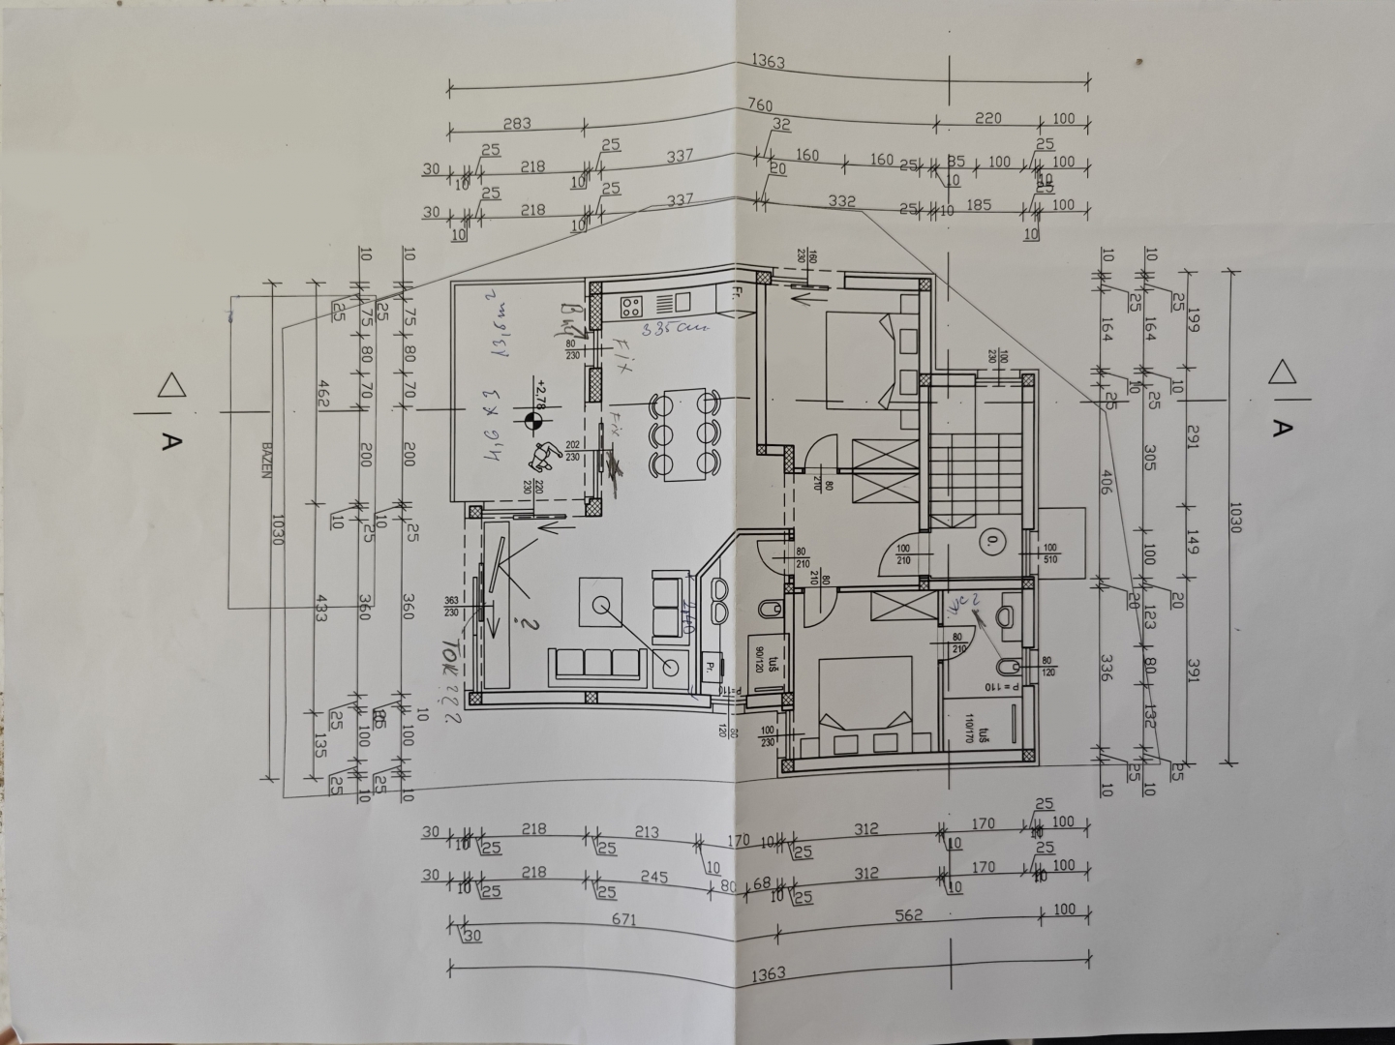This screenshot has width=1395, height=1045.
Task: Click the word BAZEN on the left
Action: (x=264, y=463)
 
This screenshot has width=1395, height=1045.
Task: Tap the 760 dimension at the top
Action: (x=761, y=104)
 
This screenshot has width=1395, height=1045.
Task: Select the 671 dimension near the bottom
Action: (x=623, y=920)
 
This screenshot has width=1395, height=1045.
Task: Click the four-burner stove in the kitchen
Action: (x=631, y=308)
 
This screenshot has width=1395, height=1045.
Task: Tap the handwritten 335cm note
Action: (x=683, y=328)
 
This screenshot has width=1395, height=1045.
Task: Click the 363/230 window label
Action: (x=451, y=607)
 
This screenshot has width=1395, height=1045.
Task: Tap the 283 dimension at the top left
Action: (x=517, y=124)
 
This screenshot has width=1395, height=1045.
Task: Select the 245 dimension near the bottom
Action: (x=654, y=876)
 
